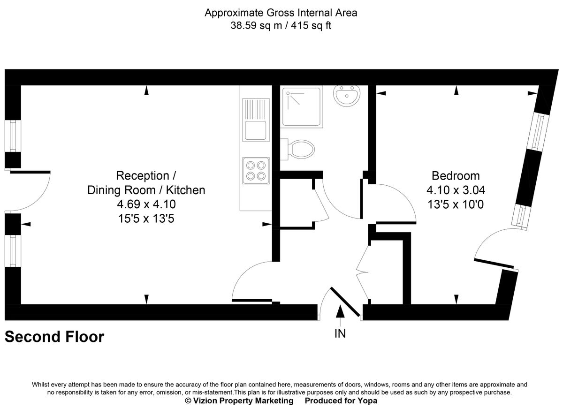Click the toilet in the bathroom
tap(298, 149)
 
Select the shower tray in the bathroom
tap(302, 107)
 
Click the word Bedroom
tap(456, 176)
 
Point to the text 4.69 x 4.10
tap(146, 204)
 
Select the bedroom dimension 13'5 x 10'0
tap(456, 204)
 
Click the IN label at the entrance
tap(340, 333)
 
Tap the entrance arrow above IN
tap(340, 313)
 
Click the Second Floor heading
tap(54, 337)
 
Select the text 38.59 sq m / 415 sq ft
tap(281, 26)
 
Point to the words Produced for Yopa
tap(341, 400)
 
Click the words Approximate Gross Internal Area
tap(281, 13)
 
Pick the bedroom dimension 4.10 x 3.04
tap(456, 190)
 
